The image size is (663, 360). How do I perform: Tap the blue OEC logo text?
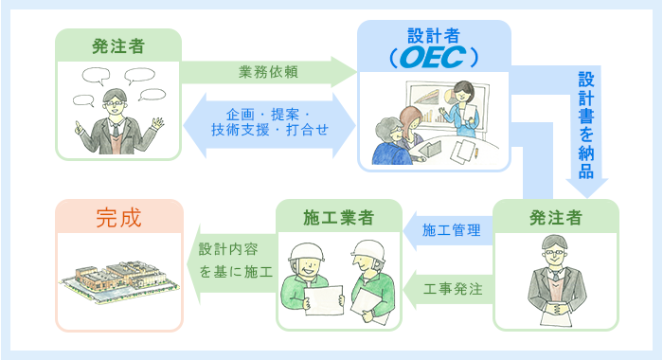click(433, 59)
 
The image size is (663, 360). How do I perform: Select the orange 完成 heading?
click(118, 219)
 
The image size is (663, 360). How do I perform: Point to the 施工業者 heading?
click(338, 219)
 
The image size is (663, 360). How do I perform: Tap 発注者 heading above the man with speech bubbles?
click(118, 45)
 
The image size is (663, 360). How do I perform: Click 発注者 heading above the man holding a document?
click(556, 219)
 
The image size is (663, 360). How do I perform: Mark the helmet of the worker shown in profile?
click(366, 250)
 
